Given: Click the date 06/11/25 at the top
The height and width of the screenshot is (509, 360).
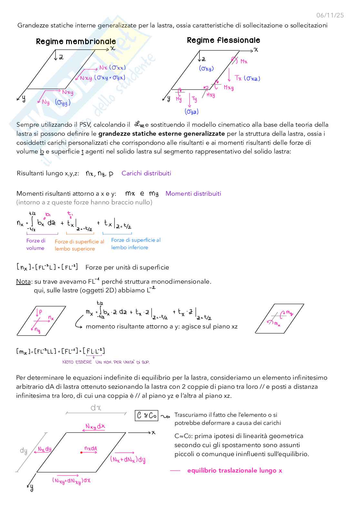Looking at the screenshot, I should click(x=330, y=15).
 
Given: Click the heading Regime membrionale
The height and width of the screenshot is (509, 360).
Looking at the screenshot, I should click(x=76, y=42).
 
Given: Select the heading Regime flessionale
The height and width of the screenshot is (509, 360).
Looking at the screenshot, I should click(x=223, y=40).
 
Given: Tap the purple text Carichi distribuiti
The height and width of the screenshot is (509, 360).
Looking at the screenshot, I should click(x=146, y=173).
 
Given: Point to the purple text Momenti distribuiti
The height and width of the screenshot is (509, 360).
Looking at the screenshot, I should click(x=193, y=194).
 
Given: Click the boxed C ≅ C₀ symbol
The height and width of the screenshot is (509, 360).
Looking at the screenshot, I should click(x=146, y=416).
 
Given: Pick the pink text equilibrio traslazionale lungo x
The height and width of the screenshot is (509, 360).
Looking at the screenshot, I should click(x=235, y=471).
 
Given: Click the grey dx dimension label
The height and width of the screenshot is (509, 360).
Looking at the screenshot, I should click(x=96, y=408).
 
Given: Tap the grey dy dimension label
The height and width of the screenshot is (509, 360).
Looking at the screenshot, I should click(x=24, y=450).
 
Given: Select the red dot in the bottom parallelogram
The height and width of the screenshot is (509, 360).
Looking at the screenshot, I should click(x=81, y=453).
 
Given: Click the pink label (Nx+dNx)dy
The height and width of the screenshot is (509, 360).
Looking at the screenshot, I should click(x=128, y=459).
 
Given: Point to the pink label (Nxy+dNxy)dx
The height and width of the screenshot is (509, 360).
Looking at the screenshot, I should click(x=71, y=481).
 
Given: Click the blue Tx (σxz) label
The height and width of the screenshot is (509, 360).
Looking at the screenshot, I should click(x=247, y=78).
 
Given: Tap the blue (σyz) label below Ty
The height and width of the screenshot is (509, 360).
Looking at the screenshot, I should click(x=192, y=112).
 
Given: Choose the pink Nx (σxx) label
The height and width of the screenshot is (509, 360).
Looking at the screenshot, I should click(x=112, y=68).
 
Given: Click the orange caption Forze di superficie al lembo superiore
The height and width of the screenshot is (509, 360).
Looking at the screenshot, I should click(x=79, y=245).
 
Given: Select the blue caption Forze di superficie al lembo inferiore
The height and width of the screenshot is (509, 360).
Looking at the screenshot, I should click(x=135, y=244).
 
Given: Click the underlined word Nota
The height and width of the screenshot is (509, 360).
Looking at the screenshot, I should click(x=24, y=282).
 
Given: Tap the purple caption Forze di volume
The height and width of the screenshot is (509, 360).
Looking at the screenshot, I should click(x=36, y=244).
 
